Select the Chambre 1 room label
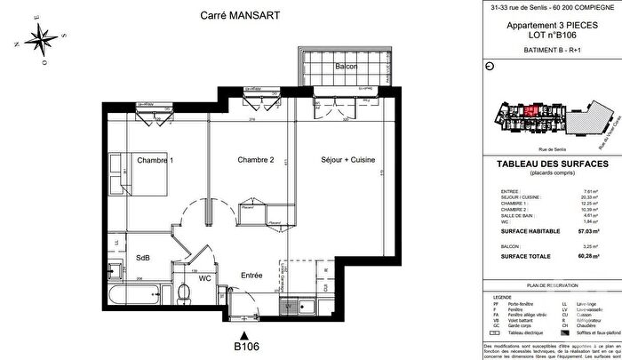click(155, 160)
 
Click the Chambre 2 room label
click(256, 160)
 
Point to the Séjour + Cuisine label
click(348, 160)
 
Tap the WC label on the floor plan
click(203, 278)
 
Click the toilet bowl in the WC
click(181, 292)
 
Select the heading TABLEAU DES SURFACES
click(547, 164)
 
